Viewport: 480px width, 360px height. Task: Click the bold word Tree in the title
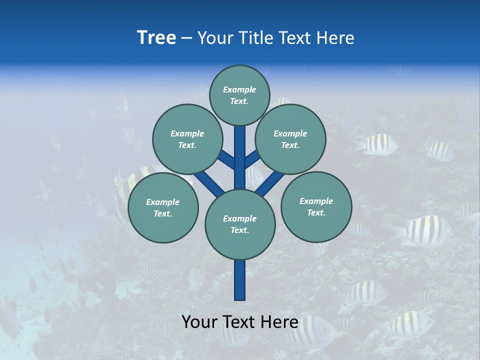click(156, 38)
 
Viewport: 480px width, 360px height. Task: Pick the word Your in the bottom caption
click(200, 322)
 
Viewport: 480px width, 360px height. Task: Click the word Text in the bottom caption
click(238, 322)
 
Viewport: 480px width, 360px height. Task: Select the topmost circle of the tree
click(239, 95)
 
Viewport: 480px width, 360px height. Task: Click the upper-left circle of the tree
click(187, 139)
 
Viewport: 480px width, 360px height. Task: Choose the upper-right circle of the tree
click(290, 139)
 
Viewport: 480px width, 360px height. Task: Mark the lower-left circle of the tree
click(163, 207)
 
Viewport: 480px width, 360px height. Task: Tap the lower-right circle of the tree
click(316, 206)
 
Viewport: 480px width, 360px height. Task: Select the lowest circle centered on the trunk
click(240, 224)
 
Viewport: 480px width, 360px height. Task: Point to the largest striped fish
click(422, 231)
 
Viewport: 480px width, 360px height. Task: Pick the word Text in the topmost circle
click(239, 101)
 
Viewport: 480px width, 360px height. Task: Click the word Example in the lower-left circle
click(162, 202)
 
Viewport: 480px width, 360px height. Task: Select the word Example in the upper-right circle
click(290, 133)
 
